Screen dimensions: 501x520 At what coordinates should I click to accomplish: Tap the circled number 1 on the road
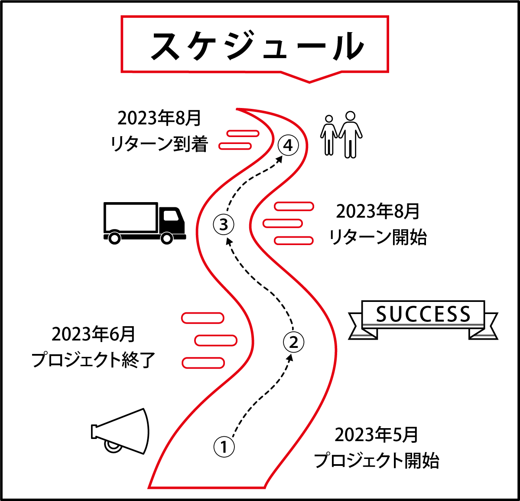click(224, 447)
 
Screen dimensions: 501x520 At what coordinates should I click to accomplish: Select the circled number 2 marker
click(294, 342)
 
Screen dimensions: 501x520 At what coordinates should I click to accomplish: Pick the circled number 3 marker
click(224, 225)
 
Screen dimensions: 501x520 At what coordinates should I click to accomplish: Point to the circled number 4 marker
click(288, 146)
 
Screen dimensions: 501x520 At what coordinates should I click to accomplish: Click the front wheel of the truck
click(167, 238)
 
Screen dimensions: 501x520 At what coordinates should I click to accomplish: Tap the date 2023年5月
click(376, 435)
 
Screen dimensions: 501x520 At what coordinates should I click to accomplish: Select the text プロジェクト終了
click(94, 360)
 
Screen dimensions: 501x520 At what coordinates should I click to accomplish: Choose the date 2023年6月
click(94, 334)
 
